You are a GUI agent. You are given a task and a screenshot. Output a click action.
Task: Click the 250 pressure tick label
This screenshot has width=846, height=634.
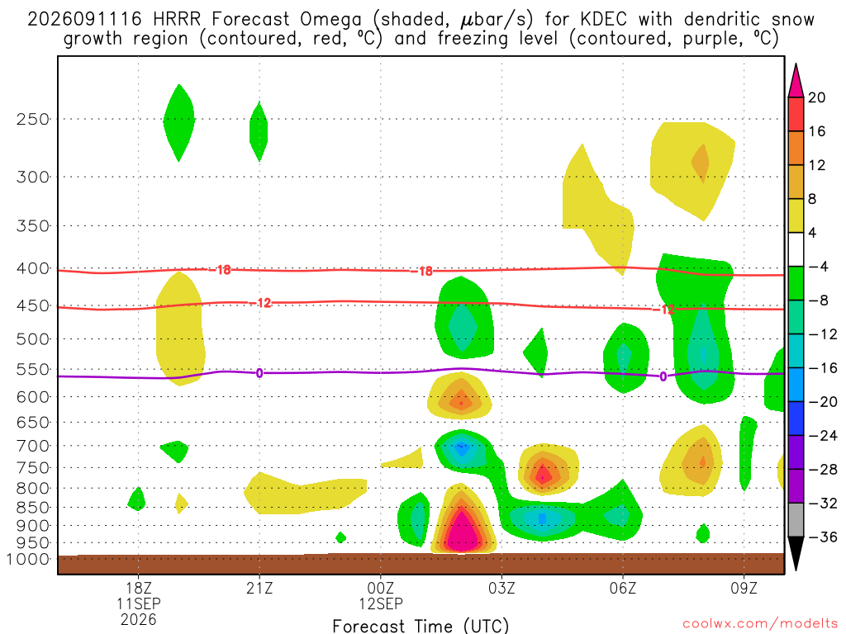[x=33, y=119]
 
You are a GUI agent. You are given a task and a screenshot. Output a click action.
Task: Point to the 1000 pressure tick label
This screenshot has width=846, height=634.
[x=28, y=560]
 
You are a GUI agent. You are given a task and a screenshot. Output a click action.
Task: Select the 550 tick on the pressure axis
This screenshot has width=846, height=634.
[x=33, y=370]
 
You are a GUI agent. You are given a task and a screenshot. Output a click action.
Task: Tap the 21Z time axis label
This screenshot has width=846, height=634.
[x=259, y=588]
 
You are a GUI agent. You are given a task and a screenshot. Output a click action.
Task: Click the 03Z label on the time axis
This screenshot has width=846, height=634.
[x=501, y=588]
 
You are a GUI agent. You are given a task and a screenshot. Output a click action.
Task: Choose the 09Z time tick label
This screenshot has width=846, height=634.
[x=744, y=588]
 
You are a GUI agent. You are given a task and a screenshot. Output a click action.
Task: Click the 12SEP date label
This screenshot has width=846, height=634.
[x=381, y=603]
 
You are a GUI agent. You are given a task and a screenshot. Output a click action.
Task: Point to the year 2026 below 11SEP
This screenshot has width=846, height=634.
[x=139, y=620]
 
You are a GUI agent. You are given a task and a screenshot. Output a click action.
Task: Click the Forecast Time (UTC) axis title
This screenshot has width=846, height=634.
[x=421, y=626]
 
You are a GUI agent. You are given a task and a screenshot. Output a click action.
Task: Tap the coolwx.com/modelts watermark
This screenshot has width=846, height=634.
[x=761, y=624]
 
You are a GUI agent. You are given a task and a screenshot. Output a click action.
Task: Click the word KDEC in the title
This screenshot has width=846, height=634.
[x=604, y=20]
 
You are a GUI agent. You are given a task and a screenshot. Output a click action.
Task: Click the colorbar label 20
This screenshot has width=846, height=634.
[x=817, y=97]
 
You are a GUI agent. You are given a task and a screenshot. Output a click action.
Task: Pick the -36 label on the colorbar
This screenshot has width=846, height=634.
[x=822, y=537]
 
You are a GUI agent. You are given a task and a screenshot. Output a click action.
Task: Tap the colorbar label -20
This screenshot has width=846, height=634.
[x=822, y=402]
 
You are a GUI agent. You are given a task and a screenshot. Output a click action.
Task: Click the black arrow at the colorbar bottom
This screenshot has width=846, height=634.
[x=796, y=552]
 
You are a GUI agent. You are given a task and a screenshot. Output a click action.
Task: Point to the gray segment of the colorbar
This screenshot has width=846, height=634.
[x=796, y=520]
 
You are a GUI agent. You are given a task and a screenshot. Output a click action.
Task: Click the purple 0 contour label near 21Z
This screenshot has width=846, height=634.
[x=259, y=373]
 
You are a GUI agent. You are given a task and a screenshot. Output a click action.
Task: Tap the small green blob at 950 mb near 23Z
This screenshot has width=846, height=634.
[x=340, y=537]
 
